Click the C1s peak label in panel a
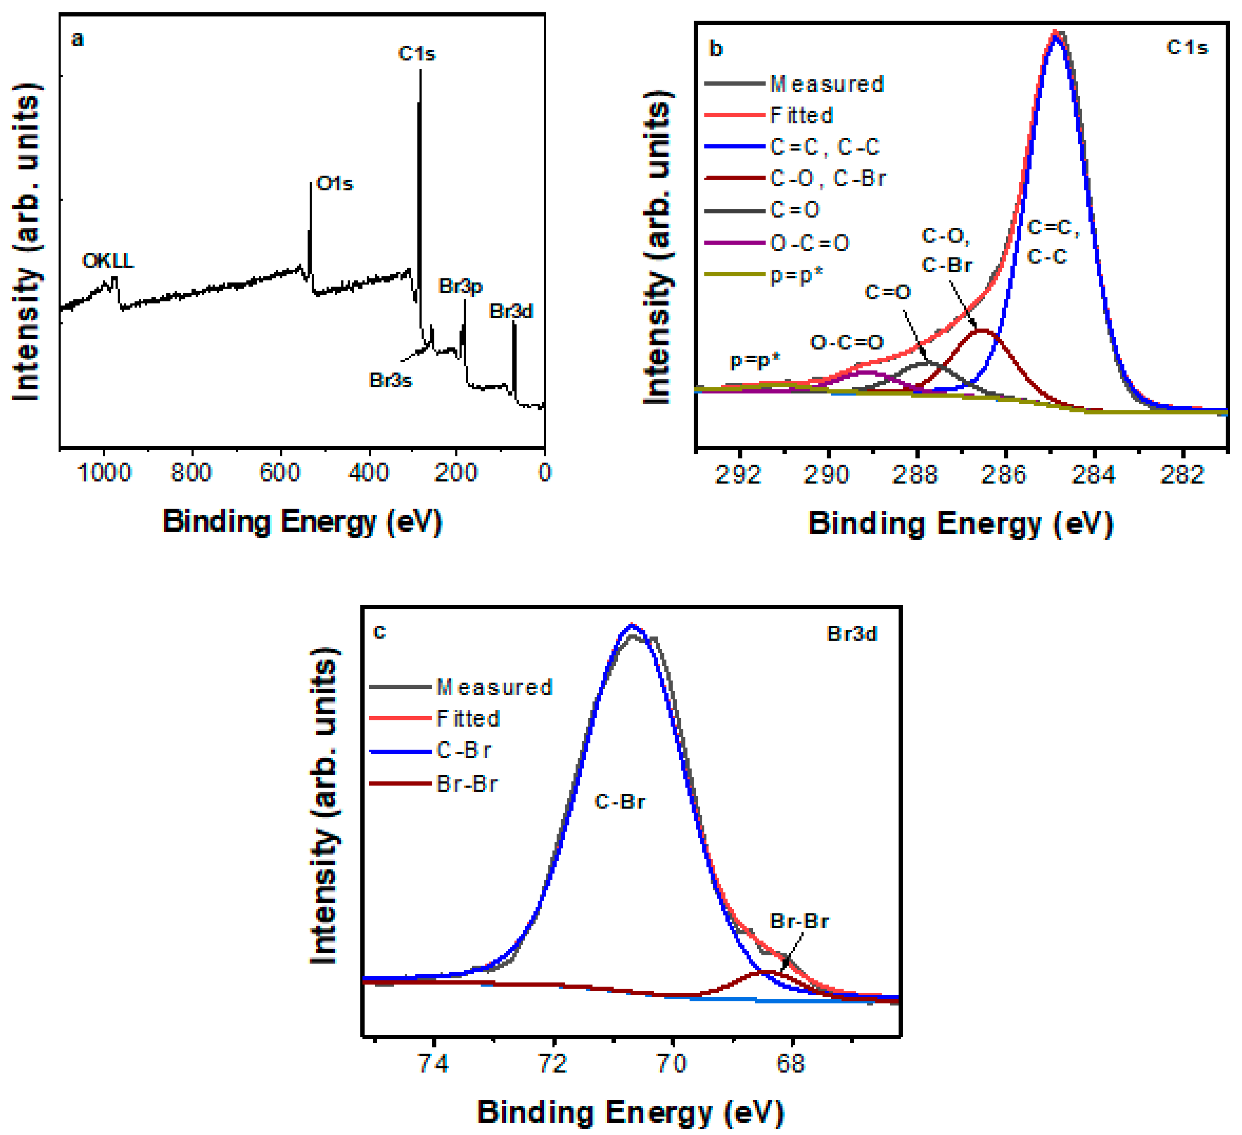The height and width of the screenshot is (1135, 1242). [416, 53]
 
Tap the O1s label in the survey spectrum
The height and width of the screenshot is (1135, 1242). [335, 184]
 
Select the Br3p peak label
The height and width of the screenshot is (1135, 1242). [460, 287]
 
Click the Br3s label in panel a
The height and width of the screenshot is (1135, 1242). [390, 380]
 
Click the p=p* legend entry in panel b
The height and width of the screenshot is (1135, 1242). [796, 275]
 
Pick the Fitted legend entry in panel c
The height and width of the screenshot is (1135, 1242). [468, 719]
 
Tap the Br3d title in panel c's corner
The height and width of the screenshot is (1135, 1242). [852, 634]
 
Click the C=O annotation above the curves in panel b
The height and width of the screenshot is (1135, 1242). [887, 292]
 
